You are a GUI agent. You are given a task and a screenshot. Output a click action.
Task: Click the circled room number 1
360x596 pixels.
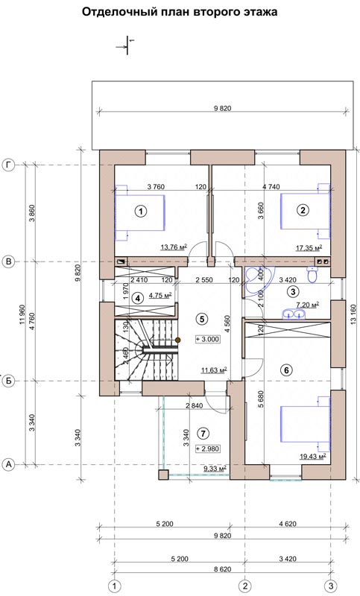(141, 211)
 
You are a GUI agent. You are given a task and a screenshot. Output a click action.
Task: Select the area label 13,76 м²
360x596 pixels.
(174, 247)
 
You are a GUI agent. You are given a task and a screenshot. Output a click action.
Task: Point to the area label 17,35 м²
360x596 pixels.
(309, 248)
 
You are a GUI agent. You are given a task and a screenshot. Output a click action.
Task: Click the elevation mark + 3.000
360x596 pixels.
(207, 339)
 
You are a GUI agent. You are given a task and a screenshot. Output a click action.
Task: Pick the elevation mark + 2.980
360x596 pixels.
(207, 448)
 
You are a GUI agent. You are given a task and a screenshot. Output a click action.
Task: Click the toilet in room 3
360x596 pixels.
(312, 274)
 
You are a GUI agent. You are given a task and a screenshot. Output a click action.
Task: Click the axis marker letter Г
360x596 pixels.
(8, 165)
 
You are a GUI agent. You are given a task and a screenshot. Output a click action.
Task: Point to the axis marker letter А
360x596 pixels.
(8, 464)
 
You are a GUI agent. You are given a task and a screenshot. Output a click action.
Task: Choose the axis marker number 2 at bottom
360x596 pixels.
(244, 586)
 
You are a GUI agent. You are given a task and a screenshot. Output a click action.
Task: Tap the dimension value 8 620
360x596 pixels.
(222, 569)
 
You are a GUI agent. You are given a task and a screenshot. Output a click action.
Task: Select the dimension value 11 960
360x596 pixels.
(22, 314)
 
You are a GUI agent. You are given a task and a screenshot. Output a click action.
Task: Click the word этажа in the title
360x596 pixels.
(261, 12)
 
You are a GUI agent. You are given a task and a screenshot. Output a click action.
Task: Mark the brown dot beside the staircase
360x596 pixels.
(177, 340)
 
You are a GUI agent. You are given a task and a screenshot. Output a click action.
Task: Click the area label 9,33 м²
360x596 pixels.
(215, 469)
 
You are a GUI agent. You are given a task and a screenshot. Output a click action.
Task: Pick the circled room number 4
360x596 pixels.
(138, 299)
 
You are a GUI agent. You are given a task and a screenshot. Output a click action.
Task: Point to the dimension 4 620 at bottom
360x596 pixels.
(288, 524)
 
